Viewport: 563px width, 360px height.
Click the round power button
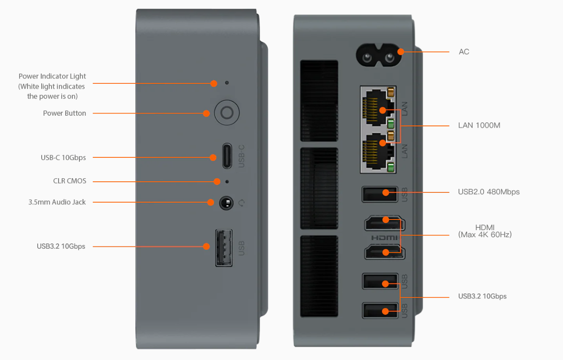click(x=227, y=113)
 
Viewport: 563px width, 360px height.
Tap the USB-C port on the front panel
click(x=227, y=156)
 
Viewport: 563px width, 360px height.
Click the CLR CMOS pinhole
click(x=228, y=181)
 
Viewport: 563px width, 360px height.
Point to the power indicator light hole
click(x=227, y=83)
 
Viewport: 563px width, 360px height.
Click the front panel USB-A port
click(x=224, y=248)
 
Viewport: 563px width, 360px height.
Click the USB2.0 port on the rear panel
click(x=380, y=194)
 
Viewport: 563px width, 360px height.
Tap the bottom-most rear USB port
click(x=380, y=310)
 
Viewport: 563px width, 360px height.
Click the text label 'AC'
click(x=464, y=52)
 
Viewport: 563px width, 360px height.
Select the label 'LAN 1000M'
click(x=479, y=125)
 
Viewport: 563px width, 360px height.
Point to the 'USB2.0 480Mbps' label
click(x=488, y=192)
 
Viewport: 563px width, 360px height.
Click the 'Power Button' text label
click(x=64, y=113)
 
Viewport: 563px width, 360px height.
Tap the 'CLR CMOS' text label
click(x=70, y=181)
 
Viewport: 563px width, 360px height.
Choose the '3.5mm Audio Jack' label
click(x=57, y=202)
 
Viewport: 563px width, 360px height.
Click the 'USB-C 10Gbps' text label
click(x=63, y=157)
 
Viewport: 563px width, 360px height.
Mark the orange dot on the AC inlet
click(x=401, y=51)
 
